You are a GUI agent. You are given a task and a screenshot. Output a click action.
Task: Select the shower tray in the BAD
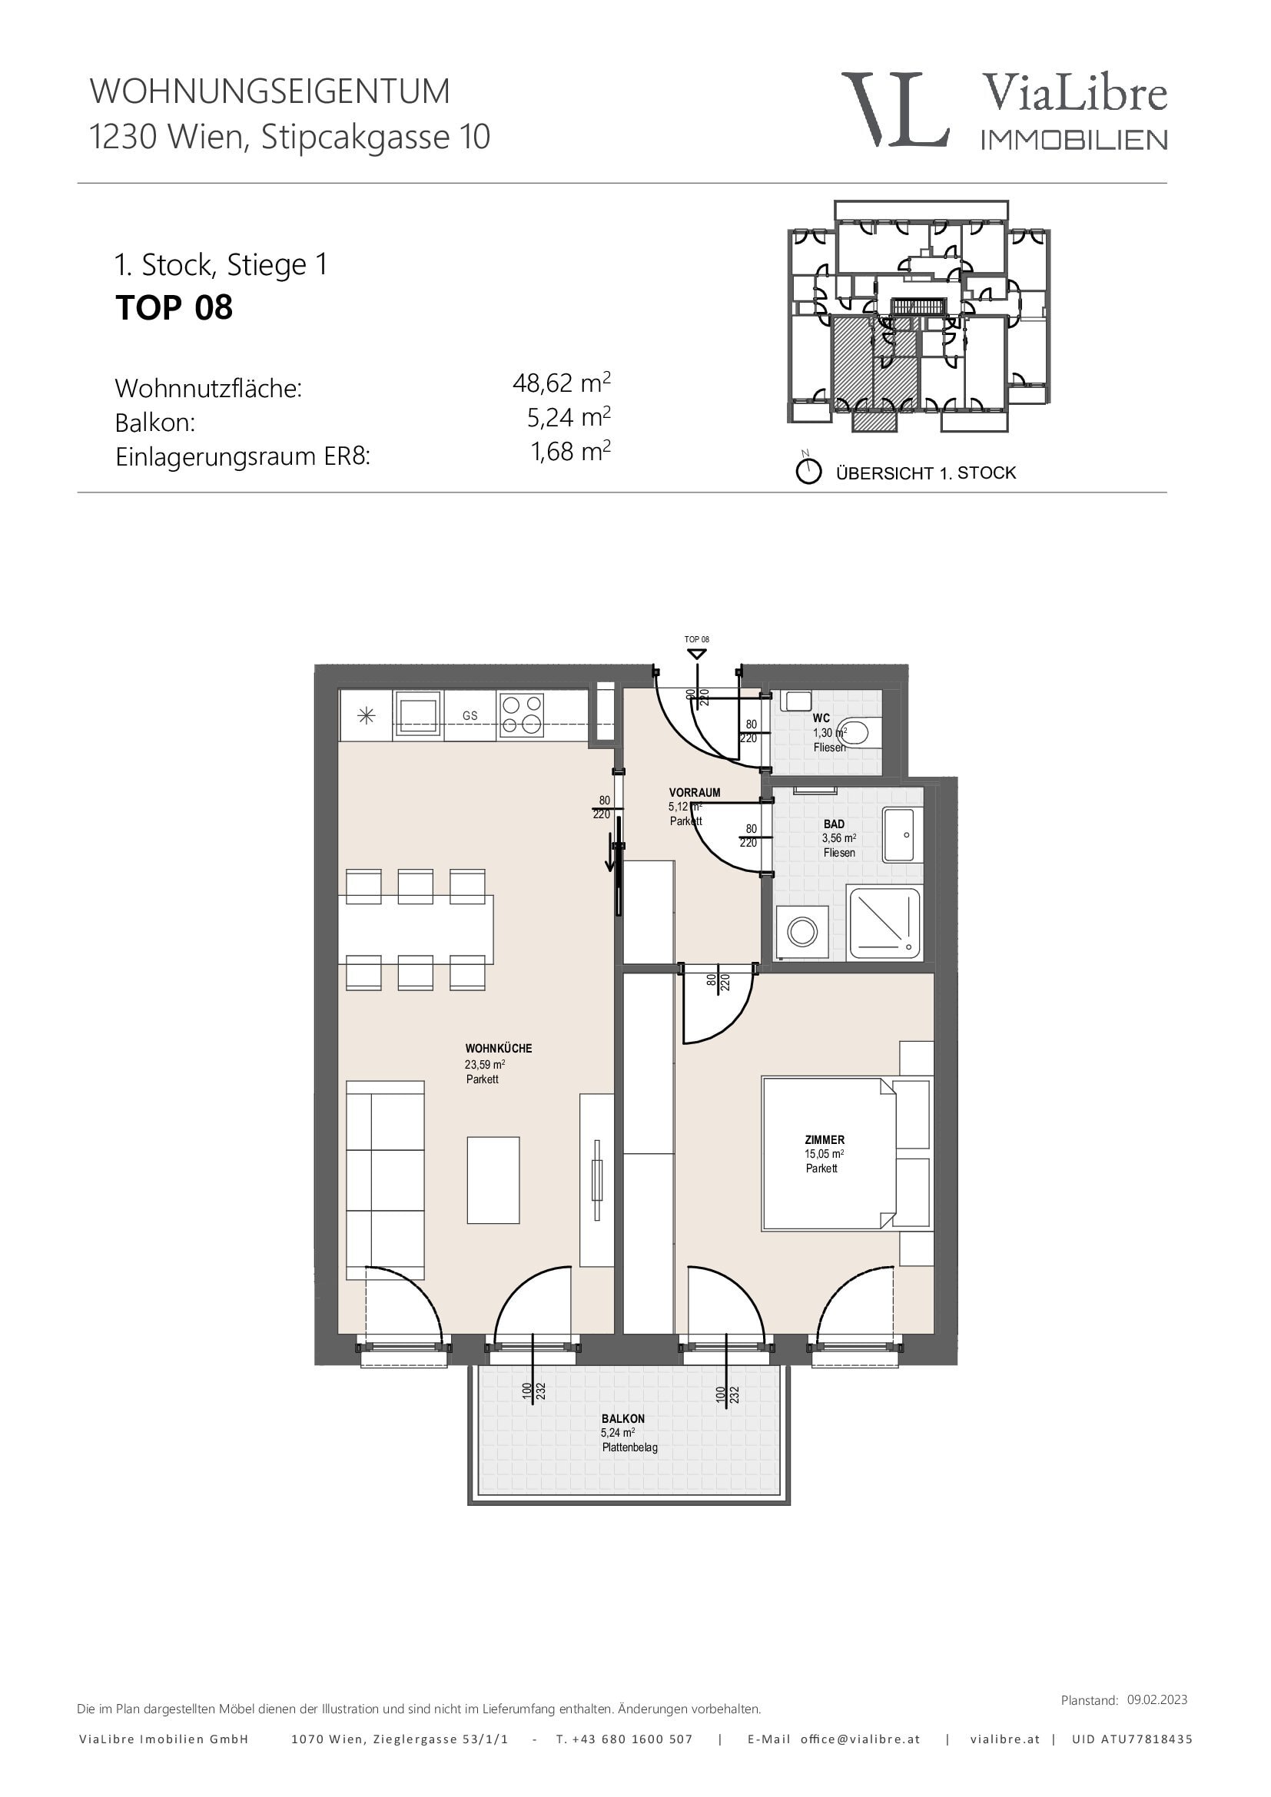click(x=885, y=923)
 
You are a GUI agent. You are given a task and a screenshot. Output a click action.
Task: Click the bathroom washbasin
click(x=902, y=834)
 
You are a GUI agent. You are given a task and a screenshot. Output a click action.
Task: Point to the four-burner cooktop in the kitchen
click(x=521, y=714)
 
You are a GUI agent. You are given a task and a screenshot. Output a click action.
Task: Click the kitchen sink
click(x=418, y=714)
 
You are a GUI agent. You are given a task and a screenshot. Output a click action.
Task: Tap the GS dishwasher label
click(x=470, y=715)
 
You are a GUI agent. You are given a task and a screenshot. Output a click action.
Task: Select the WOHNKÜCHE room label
click(x=499, y=1048)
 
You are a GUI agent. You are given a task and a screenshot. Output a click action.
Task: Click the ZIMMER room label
click(x=825, y=1139)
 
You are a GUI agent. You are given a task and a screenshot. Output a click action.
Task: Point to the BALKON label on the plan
click(x=623, y=1418)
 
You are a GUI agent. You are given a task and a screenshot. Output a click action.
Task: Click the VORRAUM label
click(x=694, y=792)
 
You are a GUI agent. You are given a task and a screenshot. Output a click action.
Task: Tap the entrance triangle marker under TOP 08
click(x=696, y=654)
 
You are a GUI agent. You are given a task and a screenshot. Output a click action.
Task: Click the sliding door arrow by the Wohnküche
click(x=609, y=853)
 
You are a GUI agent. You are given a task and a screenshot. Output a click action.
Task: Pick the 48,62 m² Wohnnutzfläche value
click(x=561, y=383)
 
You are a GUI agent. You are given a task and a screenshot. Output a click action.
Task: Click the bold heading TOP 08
click(x=174, y=307)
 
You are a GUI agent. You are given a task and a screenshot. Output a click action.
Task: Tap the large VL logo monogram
click(x=895, y=109)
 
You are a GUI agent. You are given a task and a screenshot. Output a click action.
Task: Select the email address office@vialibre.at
click(x=860, y=1739)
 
